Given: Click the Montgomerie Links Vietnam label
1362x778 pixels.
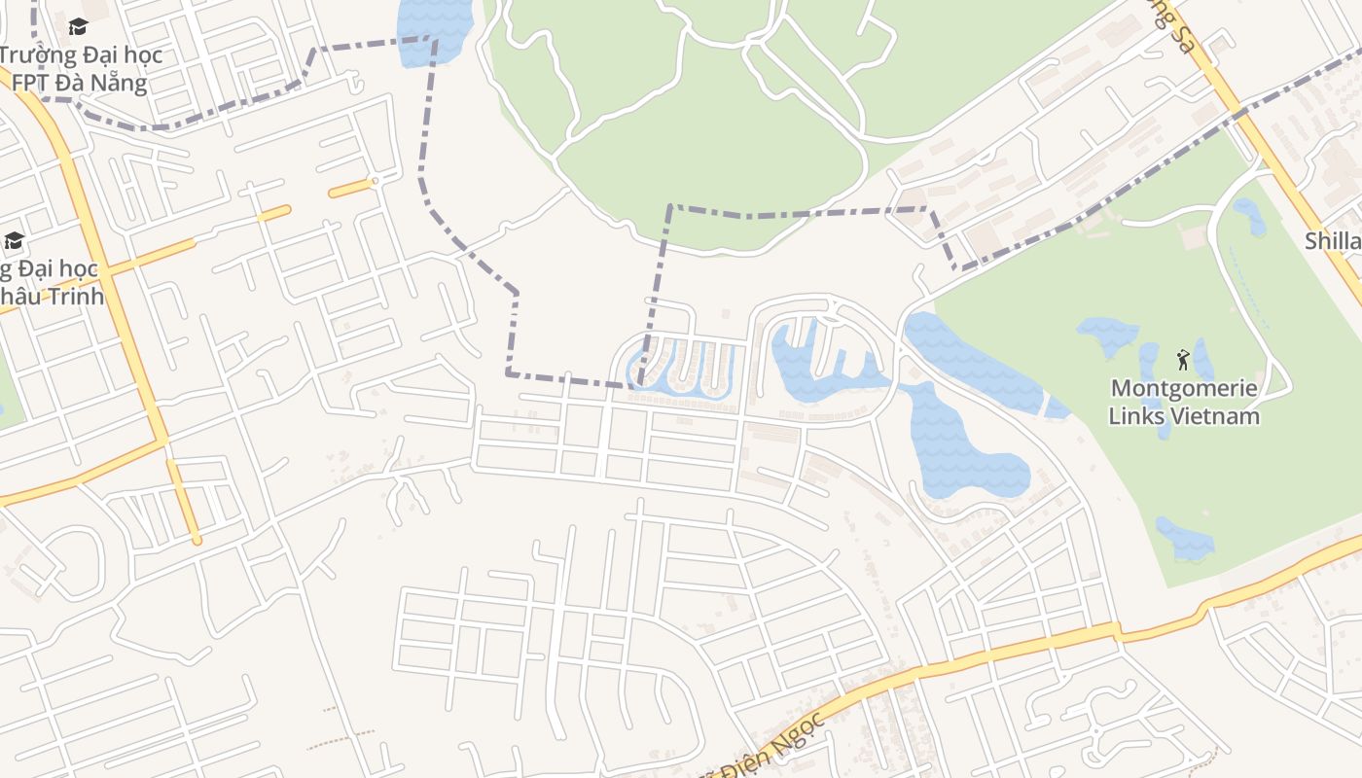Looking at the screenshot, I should (1184, 403).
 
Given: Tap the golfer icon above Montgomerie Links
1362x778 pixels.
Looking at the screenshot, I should (1183, 360).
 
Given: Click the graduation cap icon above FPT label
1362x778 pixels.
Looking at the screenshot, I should (78, 26).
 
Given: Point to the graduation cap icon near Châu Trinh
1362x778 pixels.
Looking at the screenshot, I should (14, 240).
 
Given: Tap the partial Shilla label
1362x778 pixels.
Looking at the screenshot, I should (1333, 241).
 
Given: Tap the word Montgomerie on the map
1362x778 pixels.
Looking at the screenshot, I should (1184, 389).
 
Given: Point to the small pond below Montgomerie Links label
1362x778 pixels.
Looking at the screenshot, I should (1186, 540).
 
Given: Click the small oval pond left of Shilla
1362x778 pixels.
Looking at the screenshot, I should (1250, 216).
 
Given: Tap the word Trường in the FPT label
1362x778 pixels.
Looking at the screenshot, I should (35, 54).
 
